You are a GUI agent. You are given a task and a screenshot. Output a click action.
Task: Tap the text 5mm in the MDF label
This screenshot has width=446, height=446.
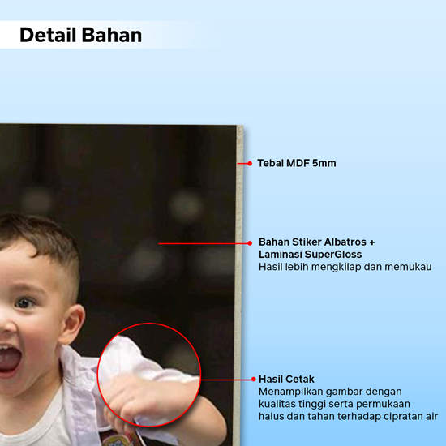[x=324, y=163]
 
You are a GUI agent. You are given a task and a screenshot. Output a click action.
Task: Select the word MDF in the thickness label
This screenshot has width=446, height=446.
[x=298, y=163]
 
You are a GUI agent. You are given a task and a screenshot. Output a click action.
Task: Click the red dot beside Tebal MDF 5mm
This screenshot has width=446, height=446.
[x=250, y=163]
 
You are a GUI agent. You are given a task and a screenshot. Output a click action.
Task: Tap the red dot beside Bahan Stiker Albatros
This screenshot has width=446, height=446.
[x=250, y=243]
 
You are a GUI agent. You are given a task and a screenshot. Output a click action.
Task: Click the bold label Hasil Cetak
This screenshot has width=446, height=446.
[x=286, y=380]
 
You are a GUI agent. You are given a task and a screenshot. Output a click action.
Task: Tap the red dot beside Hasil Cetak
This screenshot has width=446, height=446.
[x=254, y=380]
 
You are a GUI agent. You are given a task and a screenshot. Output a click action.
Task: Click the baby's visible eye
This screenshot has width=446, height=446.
[x=25, y=302]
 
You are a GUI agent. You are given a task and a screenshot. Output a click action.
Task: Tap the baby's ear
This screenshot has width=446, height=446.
[x=72, y=324]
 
